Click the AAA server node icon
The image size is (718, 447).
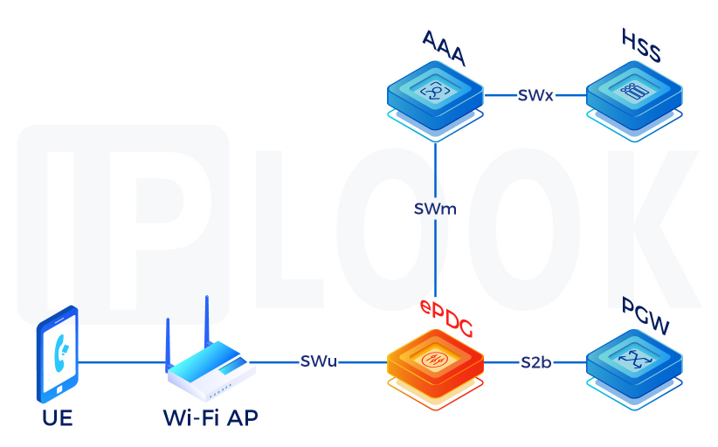(434, 93)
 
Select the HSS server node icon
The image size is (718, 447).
(632, 93)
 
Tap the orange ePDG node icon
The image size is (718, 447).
(434, 361)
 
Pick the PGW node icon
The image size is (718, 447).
(632, 361)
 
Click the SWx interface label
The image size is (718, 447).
(535, 95)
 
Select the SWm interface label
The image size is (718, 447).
(435, 210)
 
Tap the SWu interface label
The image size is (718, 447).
(319, 361)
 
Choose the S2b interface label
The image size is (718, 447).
(534, 361)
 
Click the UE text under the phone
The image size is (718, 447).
(57, 418)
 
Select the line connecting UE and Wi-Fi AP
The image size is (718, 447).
(122, 361)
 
